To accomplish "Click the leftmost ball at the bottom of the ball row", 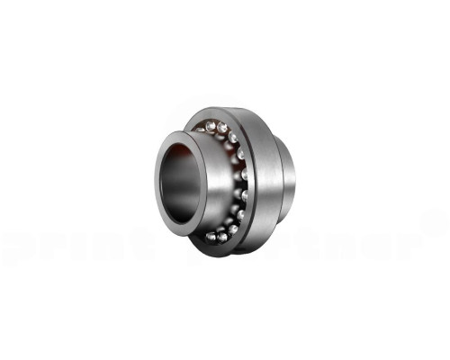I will tap(210, 236).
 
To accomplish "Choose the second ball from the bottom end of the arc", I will tap(220, 237).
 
